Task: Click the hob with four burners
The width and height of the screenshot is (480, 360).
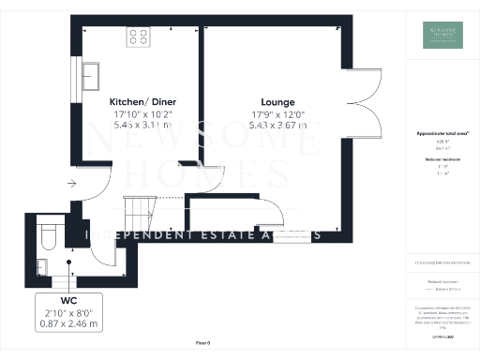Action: pyautogui.click(x=139, y=37)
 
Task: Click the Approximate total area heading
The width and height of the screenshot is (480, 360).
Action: pyautogui.click(x=442, y=134)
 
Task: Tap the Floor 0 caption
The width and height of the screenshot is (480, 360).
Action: pyautogui.click(x=202, y=344)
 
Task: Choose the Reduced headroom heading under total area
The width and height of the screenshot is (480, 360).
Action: pyautogui.click(x=442, y=160)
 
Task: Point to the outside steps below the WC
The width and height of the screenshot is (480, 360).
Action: pyautogui.click(x=62, y=279)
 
